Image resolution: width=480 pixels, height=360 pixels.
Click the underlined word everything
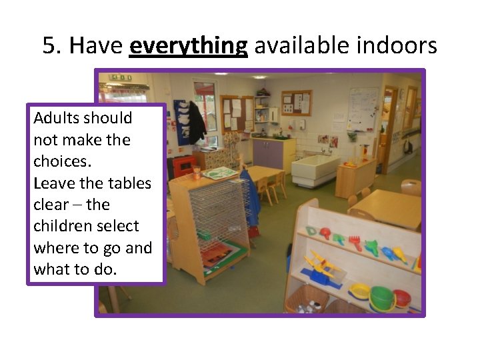[189, 46]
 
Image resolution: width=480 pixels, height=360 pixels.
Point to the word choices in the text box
[59, 161]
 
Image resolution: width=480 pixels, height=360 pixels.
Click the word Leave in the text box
[53, 183]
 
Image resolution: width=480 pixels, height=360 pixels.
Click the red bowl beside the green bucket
[401, 297]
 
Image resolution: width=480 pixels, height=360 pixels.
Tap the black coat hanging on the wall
[196, 121]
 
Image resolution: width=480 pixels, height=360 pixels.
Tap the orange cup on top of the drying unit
[197, 173]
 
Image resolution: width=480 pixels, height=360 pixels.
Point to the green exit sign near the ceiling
[121, 78]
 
